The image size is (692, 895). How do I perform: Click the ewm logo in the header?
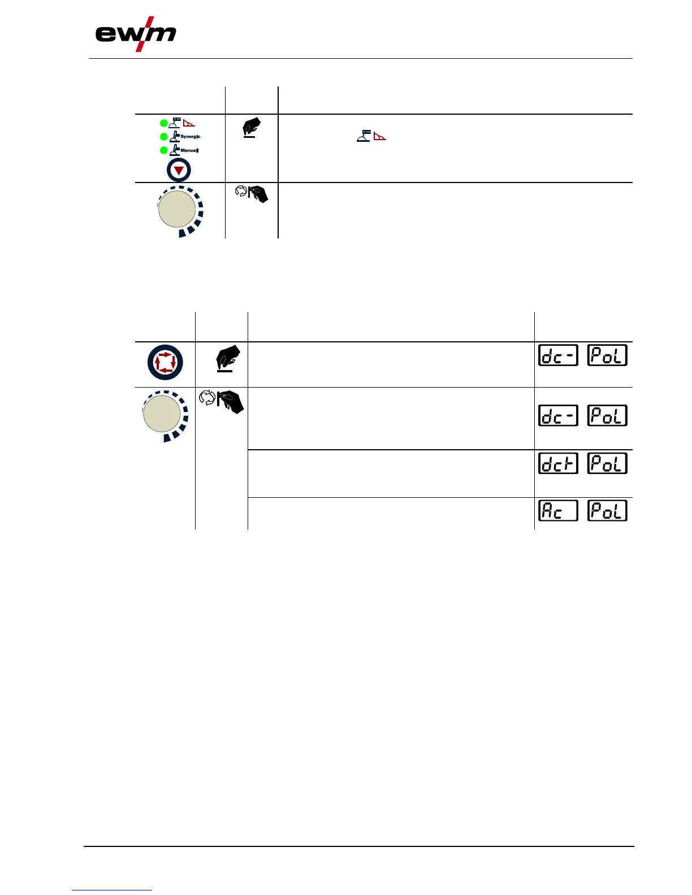pos(136,35)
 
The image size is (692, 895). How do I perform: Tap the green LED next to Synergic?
pos(164,137)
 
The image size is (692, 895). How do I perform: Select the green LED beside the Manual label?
pos(164,150)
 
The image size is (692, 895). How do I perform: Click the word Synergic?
pos(191,137)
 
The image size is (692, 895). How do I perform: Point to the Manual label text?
pos(189,150)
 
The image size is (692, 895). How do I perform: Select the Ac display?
pos(558,511)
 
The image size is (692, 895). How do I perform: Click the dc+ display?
pos(558,463)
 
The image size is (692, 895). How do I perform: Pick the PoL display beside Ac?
pos(607,511)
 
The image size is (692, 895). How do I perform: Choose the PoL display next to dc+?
pos(607,463)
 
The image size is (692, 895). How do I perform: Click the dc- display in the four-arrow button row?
pos(558,355)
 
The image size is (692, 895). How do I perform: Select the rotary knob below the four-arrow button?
pos(162,413)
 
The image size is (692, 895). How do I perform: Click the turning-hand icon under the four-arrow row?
pos(221,401)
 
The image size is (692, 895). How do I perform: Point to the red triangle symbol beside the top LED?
pos(189,123)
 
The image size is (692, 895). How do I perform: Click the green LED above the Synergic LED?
pos(164,123)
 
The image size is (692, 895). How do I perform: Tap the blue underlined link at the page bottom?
pos(112,890)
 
